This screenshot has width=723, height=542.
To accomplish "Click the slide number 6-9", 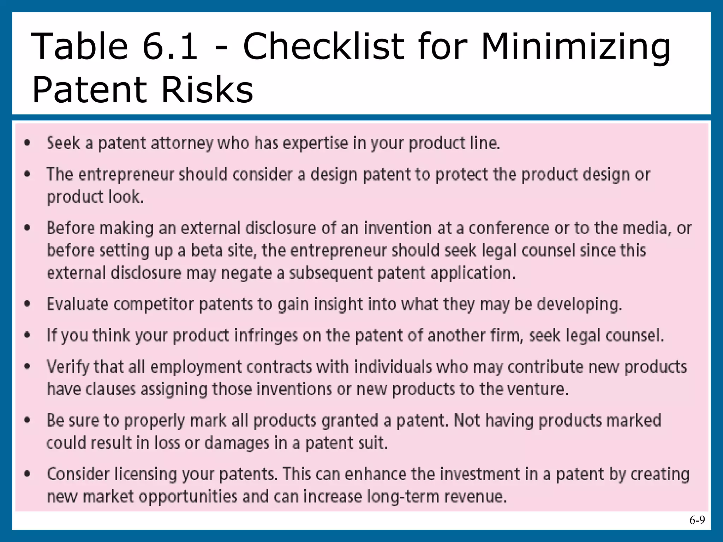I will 697,520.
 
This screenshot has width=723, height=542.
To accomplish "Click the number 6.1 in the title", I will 170,46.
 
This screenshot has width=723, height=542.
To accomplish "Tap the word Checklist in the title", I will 324,46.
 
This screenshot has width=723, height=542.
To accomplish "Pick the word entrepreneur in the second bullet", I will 126,175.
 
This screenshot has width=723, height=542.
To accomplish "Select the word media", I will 647,228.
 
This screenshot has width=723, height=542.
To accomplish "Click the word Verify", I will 67,367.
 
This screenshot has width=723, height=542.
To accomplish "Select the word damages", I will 237,443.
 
